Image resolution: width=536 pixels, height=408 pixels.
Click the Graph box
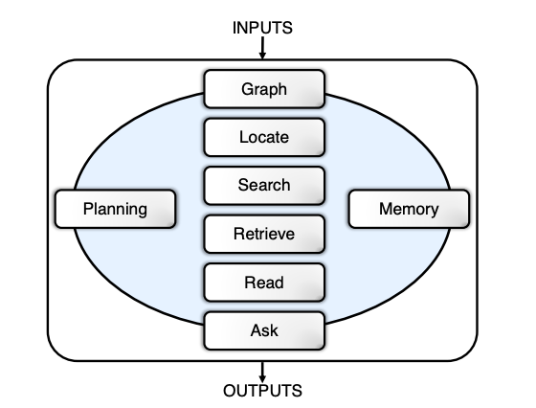point(263,91)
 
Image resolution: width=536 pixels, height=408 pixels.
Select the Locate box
point(263,137)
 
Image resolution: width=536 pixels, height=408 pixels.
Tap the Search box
point(263,184)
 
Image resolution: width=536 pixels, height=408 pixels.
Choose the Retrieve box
point(263,233)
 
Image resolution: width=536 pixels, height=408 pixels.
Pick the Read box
point(263,283)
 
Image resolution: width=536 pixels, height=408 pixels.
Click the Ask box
point(263,331)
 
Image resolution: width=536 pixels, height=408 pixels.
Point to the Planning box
point(116,209)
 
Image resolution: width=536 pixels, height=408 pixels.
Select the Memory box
point(409,209)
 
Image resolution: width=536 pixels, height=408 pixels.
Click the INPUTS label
point(262,28)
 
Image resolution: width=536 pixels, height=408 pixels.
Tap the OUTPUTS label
point(262,391)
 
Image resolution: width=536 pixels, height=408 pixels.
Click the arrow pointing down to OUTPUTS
point(262,370)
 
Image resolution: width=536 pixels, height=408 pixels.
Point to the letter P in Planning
point(88,209)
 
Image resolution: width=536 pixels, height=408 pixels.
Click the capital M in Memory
point(386,209)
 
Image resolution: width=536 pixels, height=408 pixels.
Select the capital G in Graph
point(245,91)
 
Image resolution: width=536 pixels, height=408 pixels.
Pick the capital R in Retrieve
point(238,233)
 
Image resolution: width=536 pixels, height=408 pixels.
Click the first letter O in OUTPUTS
point(230,391)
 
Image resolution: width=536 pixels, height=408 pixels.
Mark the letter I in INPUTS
point(234,28)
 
